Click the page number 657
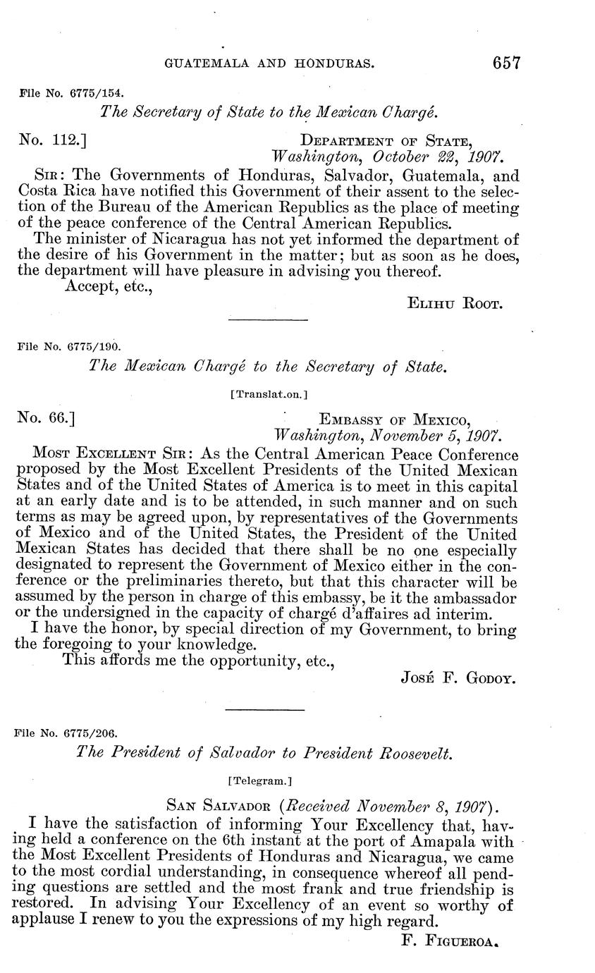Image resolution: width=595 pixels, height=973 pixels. coord(507,63)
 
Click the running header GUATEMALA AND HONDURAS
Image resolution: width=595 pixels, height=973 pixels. coord(269,63)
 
